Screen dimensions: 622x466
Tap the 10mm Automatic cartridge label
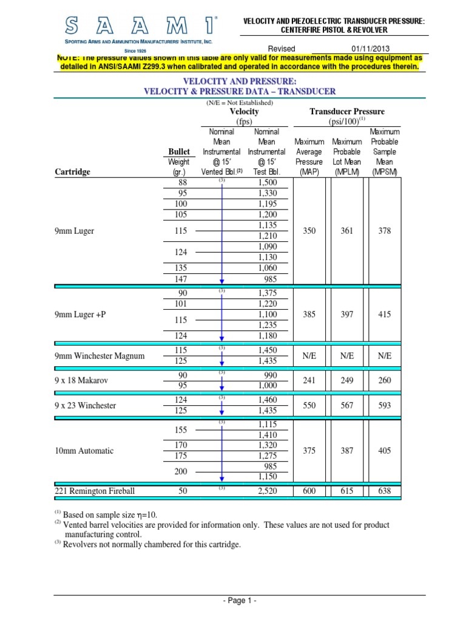pos(84,451)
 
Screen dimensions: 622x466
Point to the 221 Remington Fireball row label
pos(95,491)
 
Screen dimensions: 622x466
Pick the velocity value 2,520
pos(267,491)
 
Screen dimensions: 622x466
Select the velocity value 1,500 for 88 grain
pos(267,182)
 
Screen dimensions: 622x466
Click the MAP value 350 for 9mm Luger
pos(309,231)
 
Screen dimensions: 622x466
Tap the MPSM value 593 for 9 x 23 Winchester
pos(384,405)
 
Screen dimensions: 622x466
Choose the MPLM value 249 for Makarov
pos(346,380)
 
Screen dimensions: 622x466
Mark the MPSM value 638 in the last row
pos(384,491)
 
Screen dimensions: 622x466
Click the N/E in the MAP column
pos(309,355)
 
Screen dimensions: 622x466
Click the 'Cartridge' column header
pos(72,172)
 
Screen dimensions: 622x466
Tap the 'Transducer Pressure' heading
pos(347,112)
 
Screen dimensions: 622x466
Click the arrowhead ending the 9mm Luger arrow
pos(222,281)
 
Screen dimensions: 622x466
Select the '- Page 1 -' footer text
pos(240,600)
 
